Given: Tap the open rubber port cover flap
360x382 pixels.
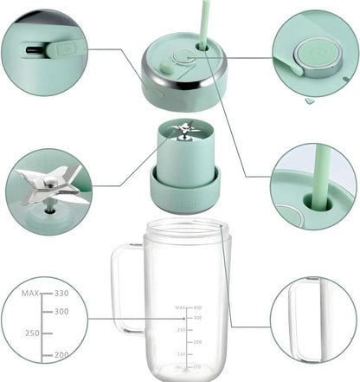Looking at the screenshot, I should click(64, 48).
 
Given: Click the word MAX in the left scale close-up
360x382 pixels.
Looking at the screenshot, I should click(31, 293).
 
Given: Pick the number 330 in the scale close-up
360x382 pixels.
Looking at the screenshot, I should click(61, 293).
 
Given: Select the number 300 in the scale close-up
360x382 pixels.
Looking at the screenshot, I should click(61, 311).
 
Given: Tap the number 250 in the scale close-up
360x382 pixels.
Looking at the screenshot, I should click(33, 333).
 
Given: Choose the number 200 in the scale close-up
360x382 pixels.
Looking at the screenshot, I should click(61, 355).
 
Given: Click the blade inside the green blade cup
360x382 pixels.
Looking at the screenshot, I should click(184, 133).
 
